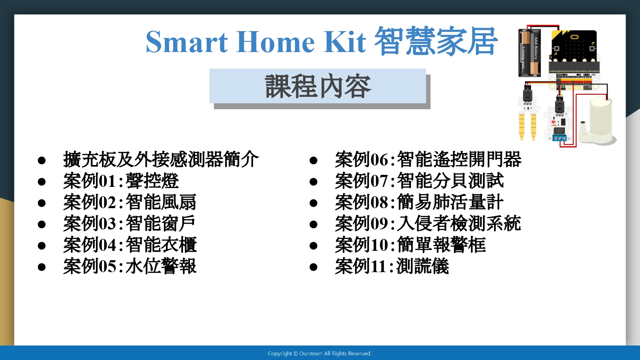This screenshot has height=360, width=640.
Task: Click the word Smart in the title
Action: [187, 42]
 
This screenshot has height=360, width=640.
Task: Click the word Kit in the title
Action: [345, 42]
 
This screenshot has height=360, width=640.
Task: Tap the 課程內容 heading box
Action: [318, 86]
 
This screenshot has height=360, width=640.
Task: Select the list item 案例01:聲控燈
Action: [121, 181]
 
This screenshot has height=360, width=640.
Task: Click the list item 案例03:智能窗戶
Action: [129, 224]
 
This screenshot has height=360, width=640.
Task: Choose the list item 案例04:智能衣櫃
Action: [130, 245]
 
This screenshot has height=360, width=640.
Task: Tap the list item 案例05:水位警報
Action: [130, 266]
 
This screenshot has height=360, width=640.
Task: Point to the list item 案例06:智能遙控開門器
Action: [428, 160]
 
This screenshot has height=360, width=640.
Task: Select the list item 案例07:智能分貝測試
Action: [419, 181]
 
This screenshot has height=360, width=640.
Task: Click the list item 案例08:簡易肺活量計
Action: [419, 202]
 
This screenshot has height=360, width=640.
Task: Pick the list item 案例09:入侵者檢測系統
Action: [428, 224]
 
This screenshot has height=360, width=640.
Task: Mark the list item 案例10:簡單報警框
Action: [410, 245]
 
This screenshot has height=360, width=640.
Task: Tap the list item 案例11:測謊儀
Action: [392, 266]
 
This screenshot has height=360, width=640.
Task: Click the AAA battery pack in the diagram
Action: [529, 53]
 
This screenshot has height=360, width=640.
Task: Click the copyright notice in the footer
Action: [320, 354]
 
